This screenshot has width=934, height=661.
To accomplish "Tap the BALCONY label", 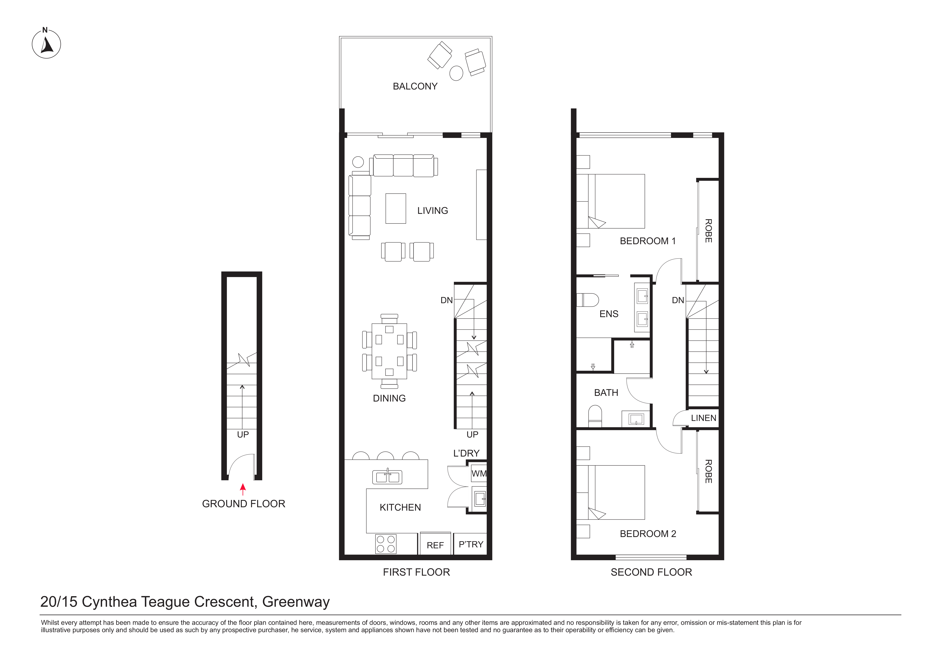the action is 415,86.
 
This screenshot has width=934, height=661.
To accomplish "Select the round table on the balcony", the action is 456,73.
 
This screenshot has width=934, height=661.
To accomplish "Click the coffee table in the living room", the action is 396,208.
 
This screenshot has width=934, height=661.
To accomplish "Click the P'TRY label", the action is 471,544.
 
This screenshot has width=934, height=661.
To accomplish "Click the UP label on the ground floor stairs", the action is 243,434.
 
